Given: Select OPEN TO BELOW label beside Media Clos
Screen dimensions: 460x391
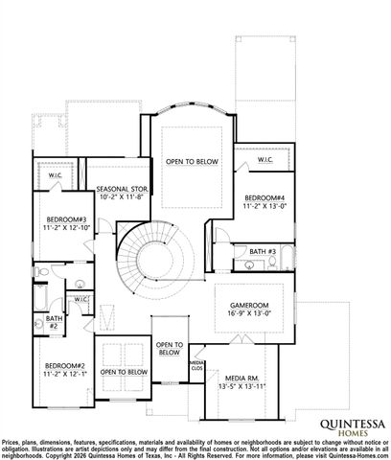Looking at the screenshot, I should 169,349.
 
